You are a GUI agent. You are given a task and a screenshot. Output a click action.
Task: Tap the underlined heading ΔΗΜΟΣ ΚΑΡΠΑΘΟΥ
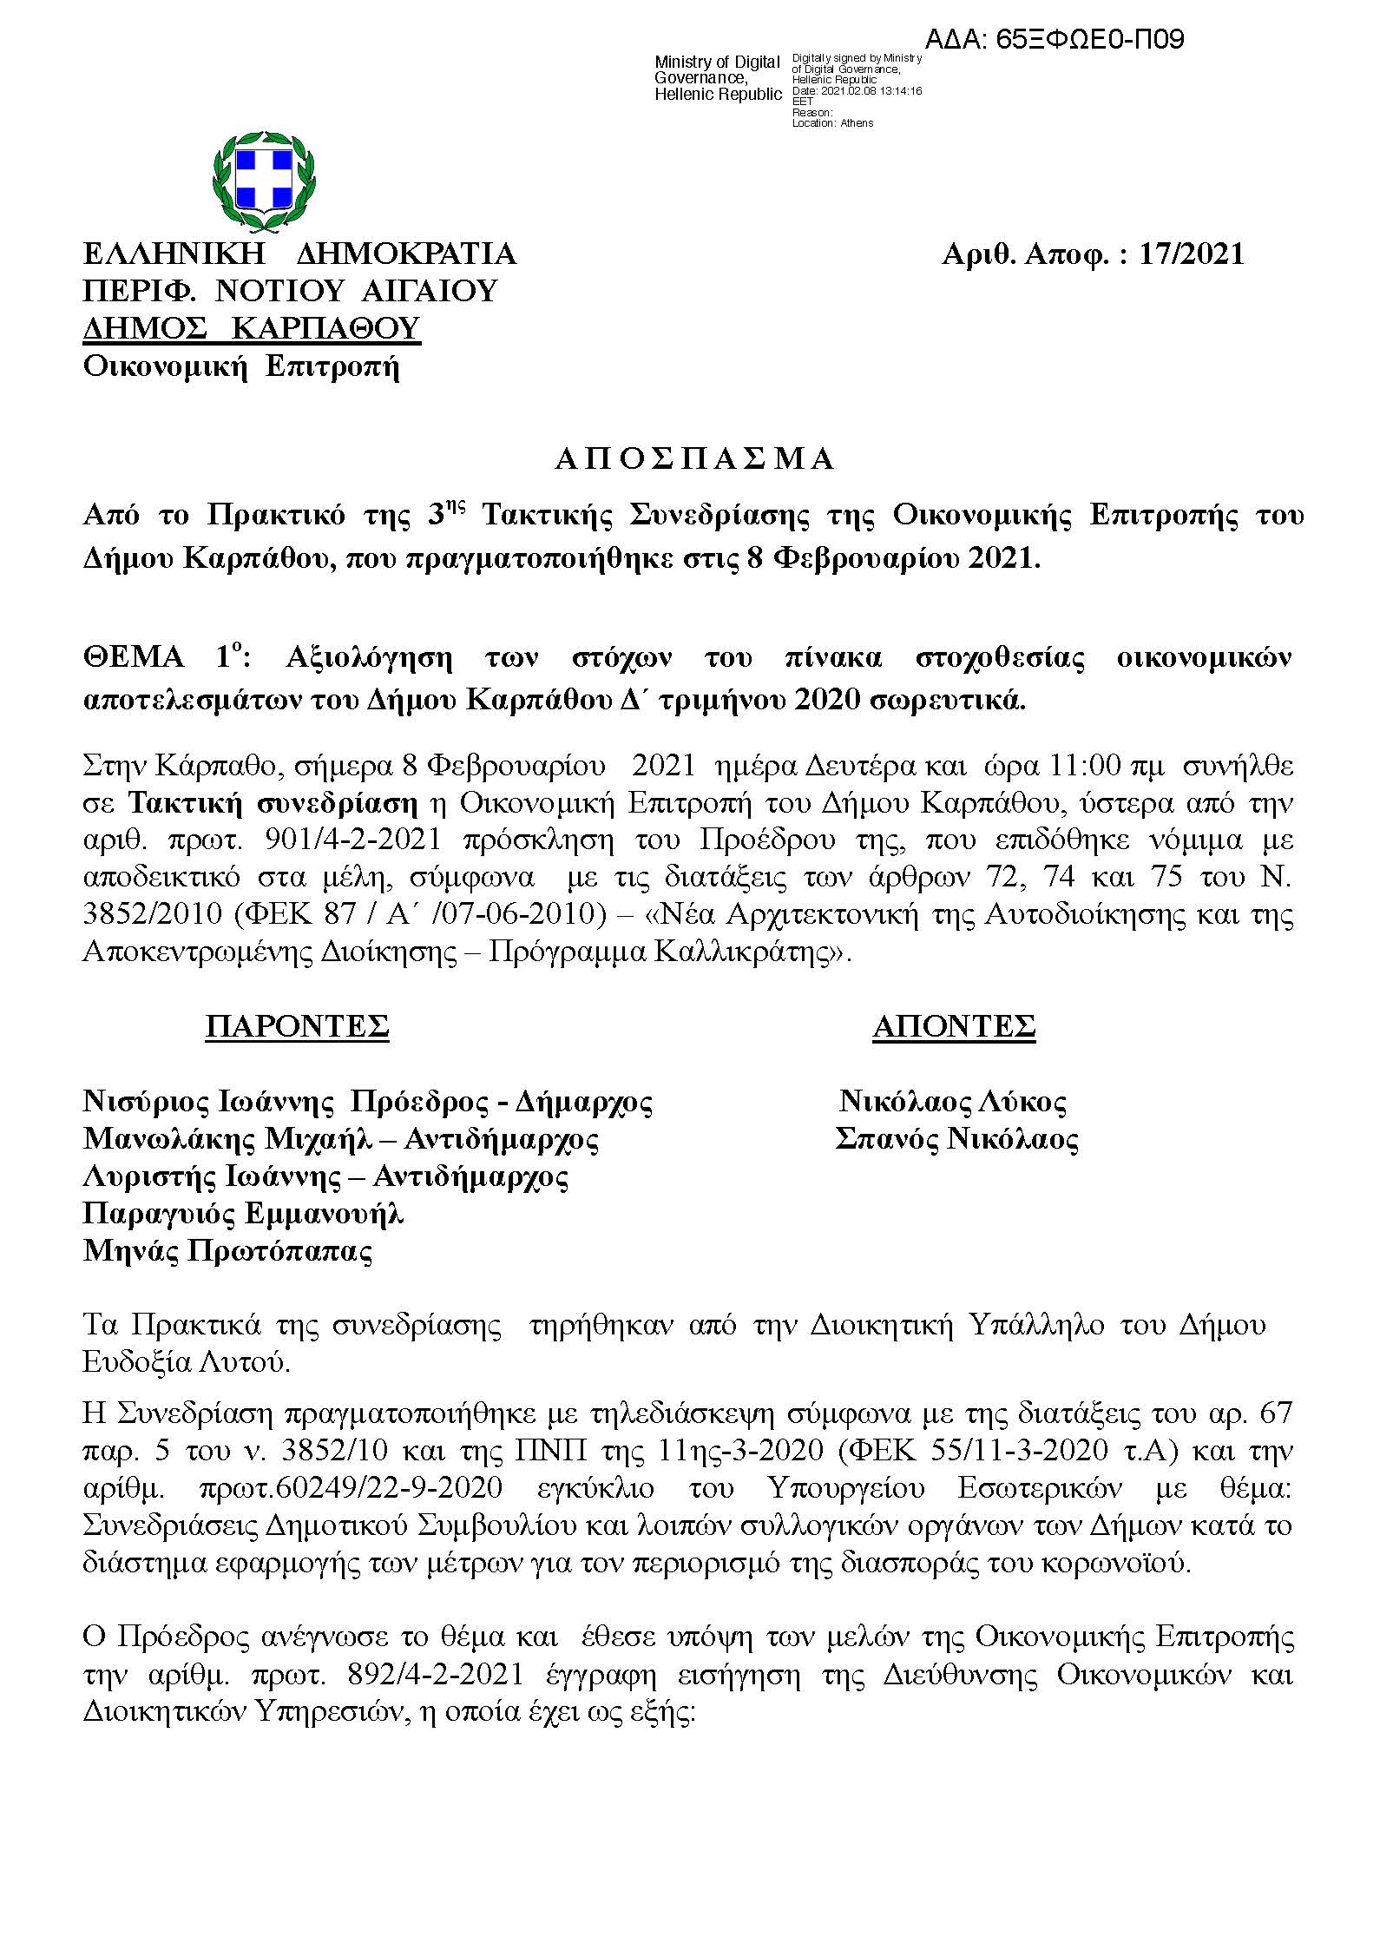[252, 328]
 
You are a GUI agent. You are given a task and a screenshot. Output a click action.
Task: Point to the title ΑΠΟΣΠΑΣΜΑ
[694, 459]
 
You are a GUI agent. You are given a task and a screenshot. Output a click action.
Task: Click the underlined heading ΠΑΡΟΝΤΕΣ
[297, 1026]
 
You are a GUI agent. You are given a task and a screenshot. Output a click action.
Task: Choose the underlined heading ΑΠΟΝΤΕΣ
[954, 1026]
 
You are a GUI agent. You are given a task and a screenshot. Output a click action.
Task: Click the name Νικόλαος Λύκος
[953, 1102]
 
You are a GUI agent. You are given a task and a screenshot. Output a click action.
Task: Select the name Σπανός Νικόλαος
[956, 1139]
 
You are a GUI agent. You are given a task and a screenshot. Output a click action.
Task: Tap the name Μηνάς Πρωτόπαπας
[227, 1251]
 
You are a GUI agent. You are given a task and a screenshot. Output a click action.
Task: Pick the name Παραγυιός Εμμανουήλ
[243, 1214]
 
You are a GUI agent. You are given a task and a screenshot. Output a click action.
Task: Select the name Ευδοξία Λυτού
[186, 1361]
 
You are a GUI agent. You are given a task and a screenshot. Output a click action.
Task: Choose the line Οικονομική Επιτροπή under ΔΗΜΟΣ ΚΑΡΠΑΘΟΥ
[241, 367]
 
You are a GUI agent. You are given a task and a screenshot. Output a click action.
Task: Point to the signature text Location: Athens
[832, 123]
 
